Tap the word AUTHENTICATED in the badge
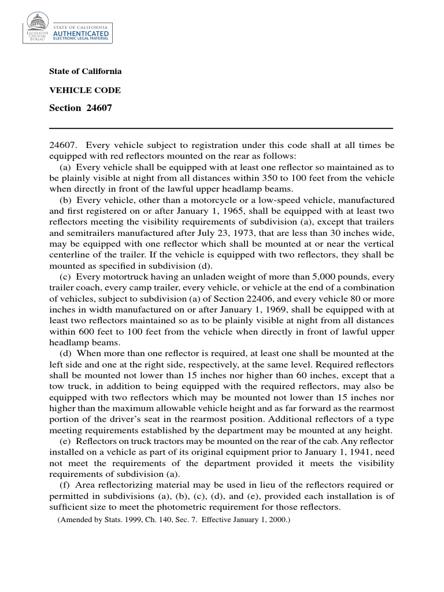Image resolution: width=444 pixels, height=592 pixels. coord(80,34)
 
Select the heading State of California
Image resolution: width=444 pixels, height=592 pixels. coord(86,71)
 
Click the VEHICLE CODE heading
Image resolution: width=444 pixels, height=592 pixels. coord(85,90)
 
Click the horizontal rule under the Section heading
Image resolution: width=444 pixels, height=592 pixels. coord(221,128)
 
